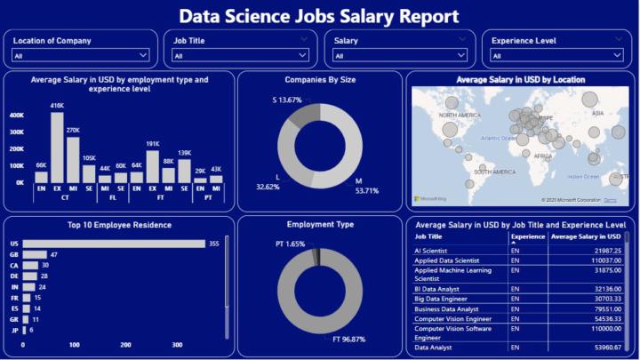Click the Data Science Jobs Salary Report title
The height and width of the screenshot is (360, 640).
click(x=319, y=16)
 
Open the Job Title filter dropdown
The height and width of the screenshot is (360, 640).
click(x=239, y=56)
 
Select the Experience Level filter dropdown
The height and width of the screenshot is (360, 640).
click(x=558, y=56)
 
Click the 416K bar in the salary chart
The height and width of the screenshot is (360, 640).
click(x=57, y=147)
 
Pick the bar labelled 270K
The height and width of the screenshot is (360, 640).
click(x=73, y=159)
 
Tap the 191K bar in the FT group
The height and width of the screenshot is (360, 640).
click(x=152, y=166)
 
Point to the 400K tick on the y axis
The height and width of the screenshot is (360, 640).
click(x=16, y=116)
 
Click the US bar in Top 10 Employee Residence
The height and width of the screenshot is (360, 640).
click(x=116, y=244)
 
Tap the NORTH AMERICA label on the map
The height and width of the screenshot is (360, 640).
click(x=459, y=116)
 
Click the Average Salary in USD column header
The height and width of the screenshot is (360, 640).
click(x=586, y=237)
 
